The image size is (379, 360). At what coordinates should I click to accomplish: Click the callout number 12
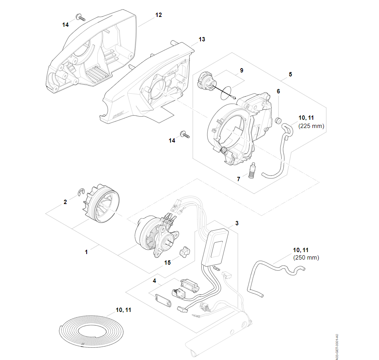[x=158, y=15]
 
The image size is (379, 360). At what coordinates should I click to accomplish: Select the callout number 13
[x=202, y=39]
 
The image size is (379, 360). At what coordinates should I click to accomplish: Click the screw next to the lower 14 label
[x=184, y=134]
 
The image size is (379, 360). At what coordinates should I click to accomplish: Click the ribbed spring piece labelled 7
[x=252, y=171]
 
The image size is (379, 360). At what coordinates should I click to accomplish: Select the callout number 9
[x=242, y=70]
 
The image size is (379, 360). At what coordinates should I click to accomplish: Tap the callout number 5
[x=290, y=74]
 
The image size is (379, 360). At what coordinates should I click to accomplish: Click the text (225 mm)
[x=312, y=126]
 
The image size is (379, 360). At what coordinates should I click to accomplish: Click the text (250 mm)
[x=306, y=258]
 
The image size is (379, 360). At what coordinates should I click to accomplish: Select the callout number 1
[x=87, y=251]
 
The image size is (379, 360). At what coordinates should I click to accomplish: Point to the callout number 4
[x=154, y=281]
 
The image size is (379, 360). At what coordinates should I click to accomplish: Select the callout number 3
[x=237, y=223]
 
